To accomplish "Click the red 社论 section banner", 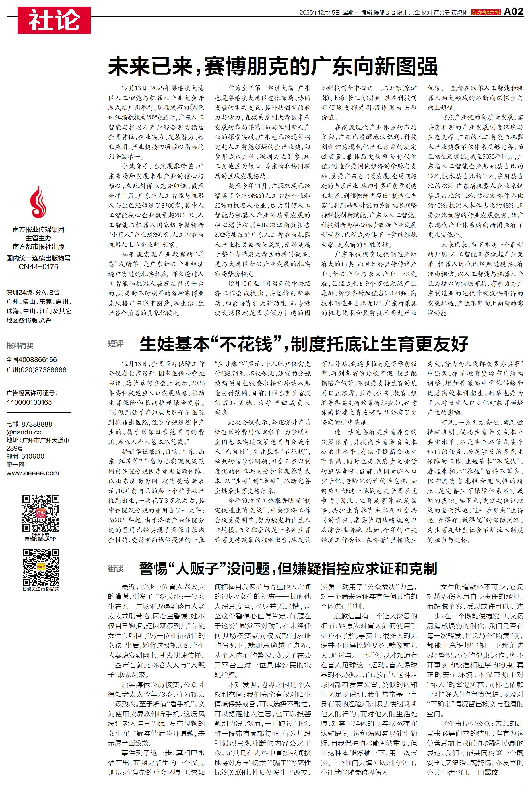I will (54, 20).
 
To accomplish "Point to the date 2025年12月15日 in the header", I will (319, 13).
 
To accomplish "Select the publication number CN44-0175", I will (38, 267).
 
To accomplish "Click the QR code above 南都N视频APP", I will (41, 513).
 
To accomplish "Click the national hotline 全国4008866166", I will (32, 360).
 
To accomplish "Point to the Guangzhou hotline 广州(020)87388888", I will (36, 370).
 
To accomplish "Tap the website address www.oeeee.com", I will (32, 473).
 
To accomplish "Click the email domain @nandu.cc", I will (24, 432).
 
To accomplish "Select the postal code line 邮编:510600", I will (25, 456).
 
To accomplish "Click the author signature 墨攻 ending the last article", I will (490, 772).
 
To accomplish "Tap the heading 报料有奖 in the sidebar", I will (20, 345).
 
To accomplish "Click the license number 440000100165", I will (29, 402).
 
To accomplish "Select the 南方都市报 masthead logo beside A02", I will (486, 12).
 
